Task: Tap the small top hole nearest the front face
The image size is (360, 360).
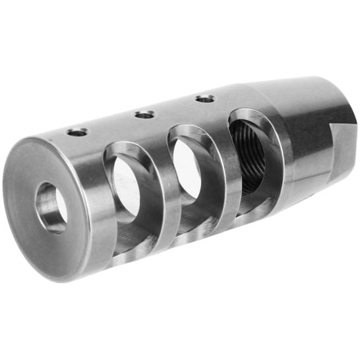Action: point(77,132)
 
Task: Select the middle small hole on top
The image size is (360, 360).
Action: point(144,115)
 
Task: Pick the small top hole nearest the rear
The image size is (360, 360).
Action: point(205,99)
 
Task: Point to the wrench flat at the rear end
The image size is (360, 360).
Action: point(342,152)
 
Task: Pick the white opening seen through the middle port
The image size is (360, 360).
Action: point(187,169)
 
